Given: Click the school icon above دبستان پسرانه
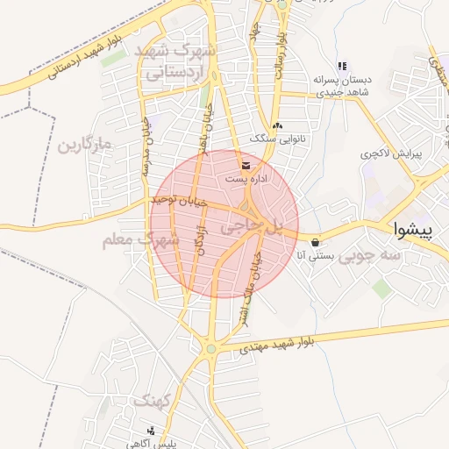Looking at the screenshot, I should [x=342, y=66].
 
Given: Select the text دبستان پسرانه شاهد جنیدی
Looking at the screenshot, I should [x=342, y=85].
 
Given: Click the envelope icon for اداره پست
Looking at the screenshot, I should [x=245, y=165].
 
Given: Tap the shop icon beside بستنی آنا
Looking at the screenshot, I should [x=315, y=243].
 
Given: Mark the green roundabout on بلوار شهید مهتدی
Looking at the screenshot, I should [x=210, y=350].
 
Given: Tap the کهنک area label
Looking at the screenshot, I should [x=154, y=401].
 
